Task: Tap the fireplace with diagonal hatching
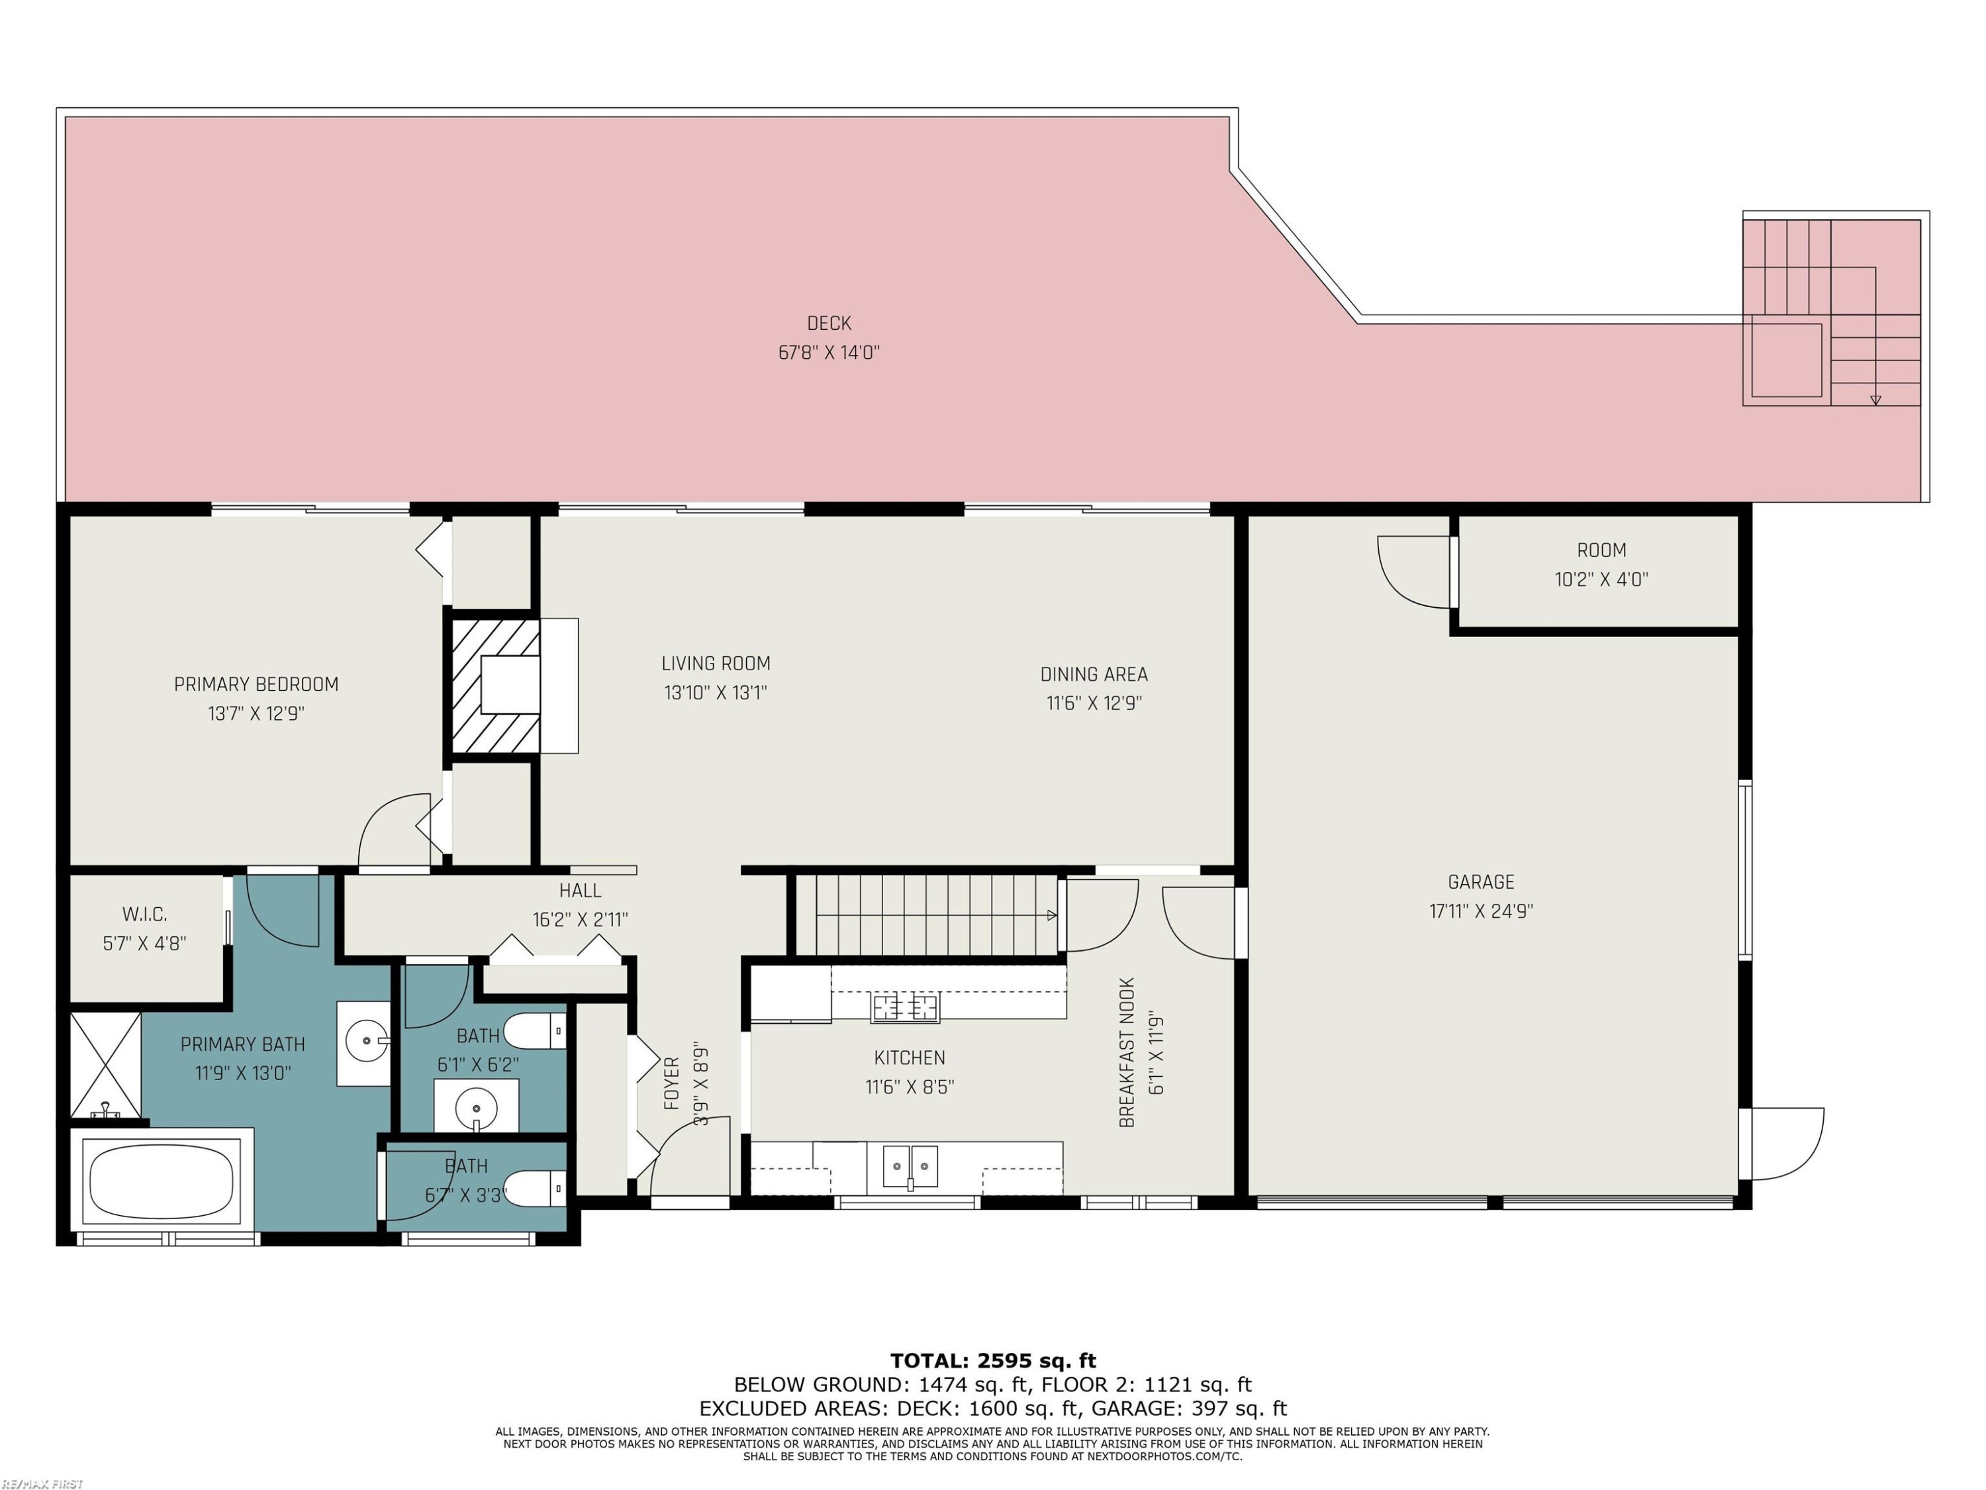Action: click(495, 685)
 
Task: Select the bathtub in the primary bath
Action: click(162, 1181)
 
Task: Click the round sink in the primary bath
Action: click(367, 1042)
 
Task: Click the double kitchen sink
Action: click(910, 1167)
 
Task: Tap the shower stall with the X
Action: click(105, 1066)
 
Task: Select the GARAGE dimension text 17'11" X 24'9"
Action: click(1480, 911)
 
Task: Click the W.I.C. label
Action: click(144, 915)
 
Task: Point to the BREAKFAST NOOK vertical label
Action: click(1127, 1052)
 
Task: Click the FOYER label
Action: click(671, 1083)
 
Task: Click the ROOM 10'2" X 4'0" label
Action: click(1601, 564)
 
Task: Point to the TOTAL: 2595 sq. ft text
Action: click(993, 1361)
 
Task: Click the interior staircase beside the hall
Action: click(927, 915)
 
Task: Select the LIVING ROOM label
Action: click(716, 663)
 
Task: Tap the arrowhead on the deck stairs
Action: click(1875, 401)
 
